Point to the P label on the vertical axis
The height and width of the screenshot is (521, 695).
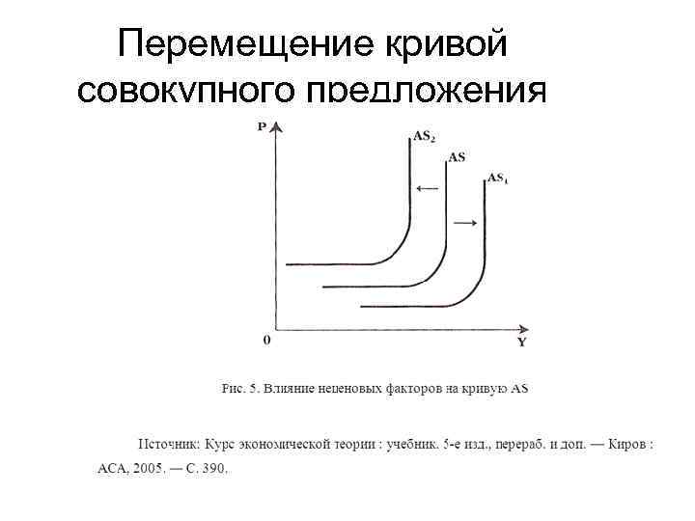pyautogui.click(x=262, y=127)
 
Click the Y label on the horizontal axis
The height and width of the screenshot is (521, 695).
pyautogui.click(x=521, y=343)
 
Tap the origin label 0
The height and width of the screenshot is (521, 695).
pyautogui.click(x=266, y=341)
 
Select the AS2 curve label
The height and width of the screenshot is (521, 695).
pyautogui.click(x=423, y=137)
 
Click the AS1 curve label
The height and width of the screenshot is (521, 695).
pyautogui.click(x=497, y=178)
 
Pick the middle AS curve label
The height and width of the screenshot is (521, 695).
pyautogui.click(x=456, y=156)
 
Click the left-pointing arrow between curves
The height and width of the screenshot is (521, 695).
pyautogui.click(x=425, y=189)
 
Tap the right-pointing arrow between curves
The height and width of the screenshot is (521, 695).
pyautogui.click(x=465, y=223)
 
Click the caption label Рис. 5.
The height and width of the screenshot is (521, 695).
pyautogui.click(x=239, y=389)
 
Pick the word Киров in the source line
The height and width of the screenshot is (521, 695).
pyautogui.click(x=627, y=445)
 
